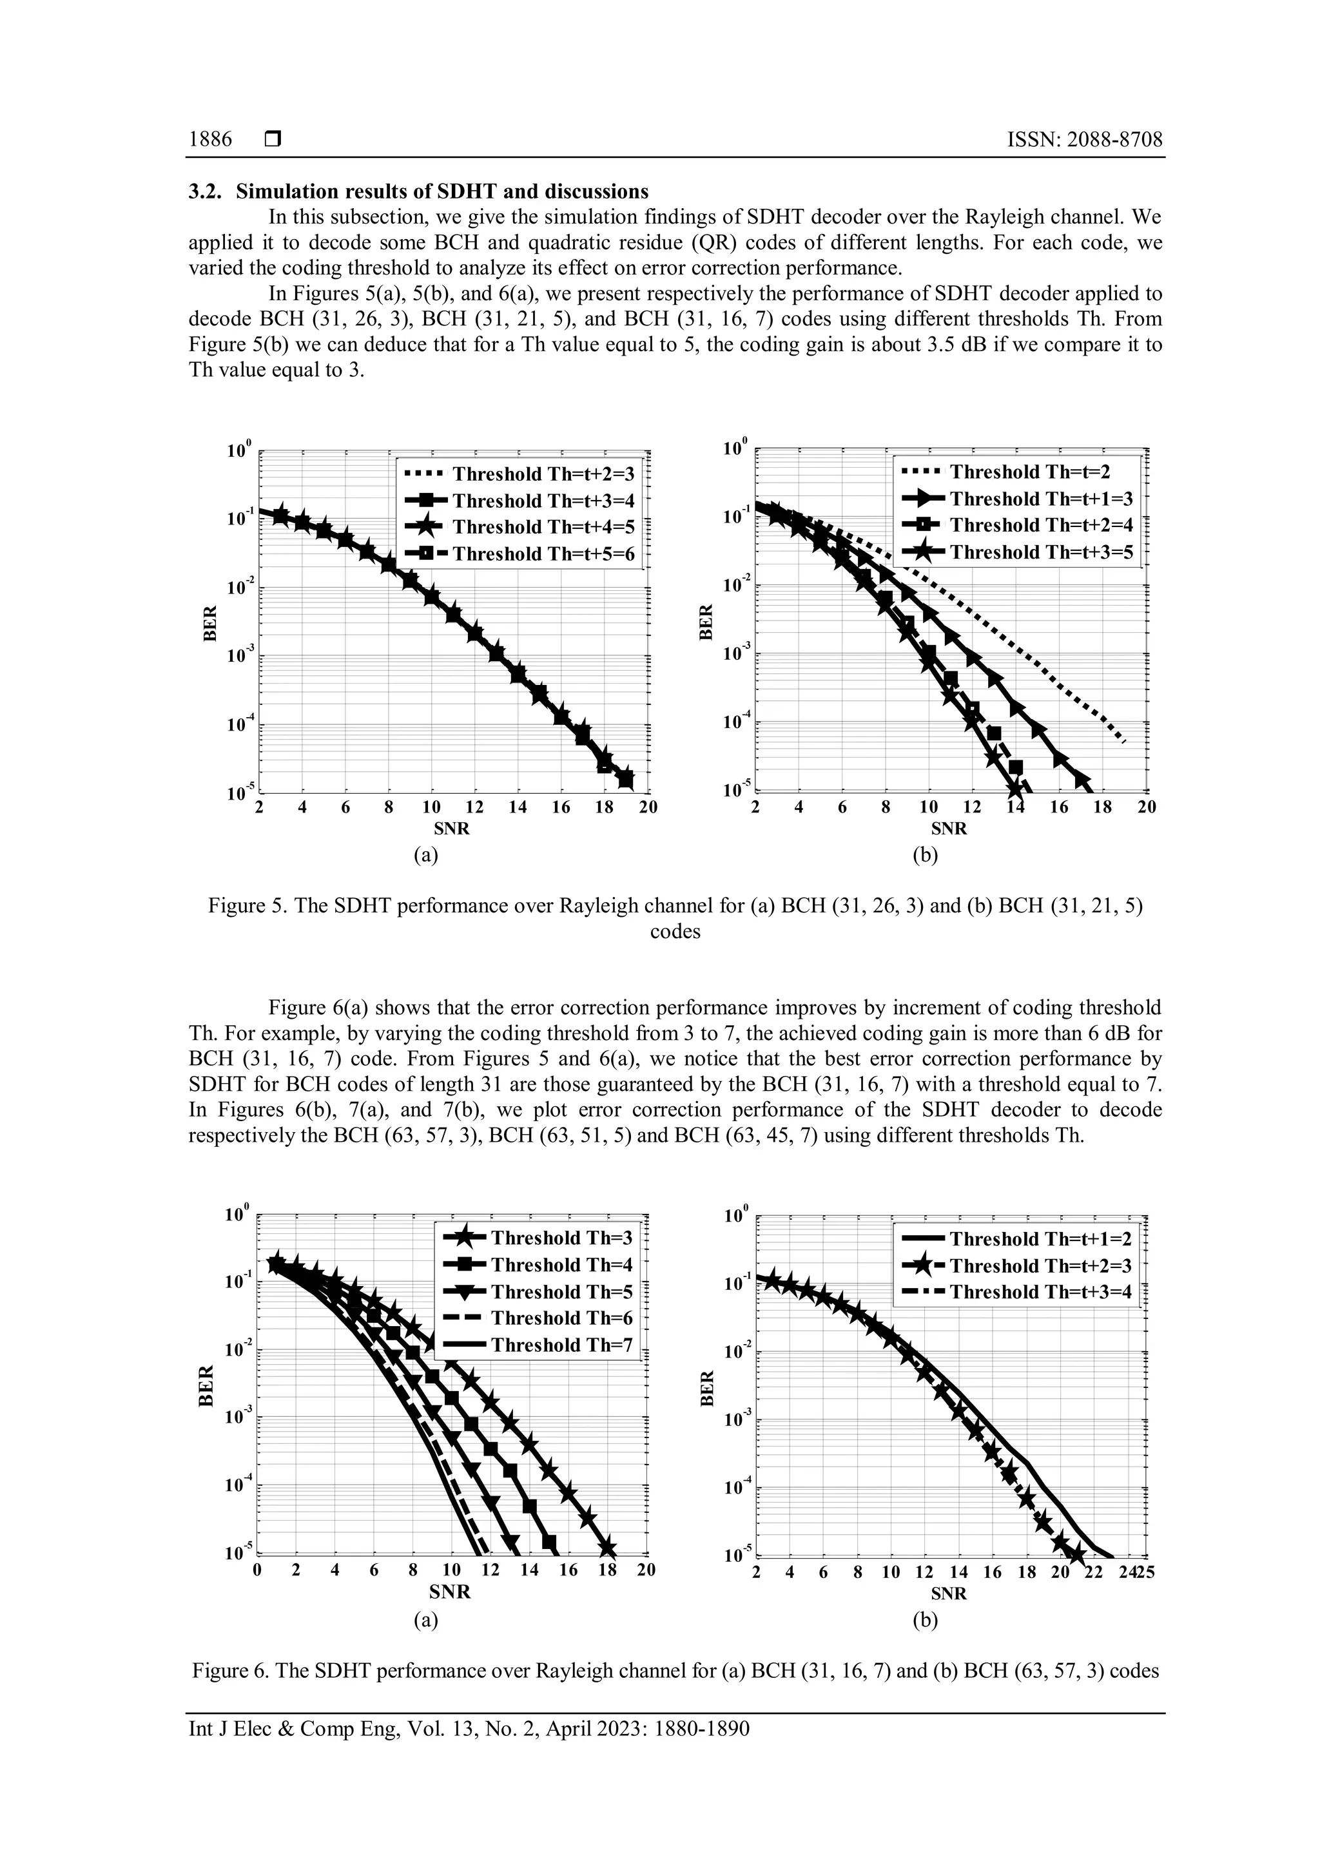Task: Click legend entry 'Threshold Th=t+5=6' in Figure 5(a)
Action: point(542,554)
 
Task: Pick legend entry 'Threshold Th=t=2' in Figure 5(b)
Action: point(1029,472)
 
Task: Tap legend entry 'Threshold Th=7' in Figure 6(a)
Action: point(561,1345)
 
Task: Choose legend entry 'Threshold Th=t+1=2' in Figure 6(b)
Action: point(1040,1240)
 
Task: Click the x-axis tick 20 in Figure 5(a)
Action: point(647,808)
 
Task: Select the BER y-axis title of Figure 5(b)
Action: point(706,622)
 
